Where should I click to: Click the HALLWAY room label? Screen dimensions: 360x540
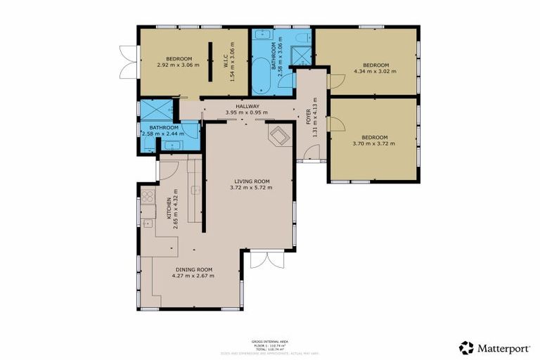pyautogui.click(x=247, y=106)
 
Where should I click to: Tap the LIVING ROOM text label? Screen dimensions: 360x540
pyautogui.click(x=250, y=181)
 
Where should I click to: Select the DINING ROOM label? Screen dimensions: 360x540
pyautogui.click(x=193, y=270)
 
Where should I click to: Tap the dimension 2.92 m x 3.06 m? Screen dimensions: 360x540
pyautogui.click(x=178, y=65)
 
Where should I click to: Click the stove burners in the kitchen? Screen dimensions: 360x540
pyautogui.click(x=148, y=197)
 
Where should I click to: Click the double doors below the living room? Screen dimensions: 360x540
pyautogui.click(x=259, y=259)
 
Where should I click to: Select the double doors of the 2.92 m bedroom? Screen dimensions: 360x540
pyautogui.click(x=127, y=62)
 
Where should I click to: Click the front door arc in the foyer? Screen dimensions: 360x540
pyautogui.click(x=312, y=152)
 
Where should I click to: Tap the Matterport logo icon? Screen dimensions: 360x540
pyautogui.click(x=466, y=347)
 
